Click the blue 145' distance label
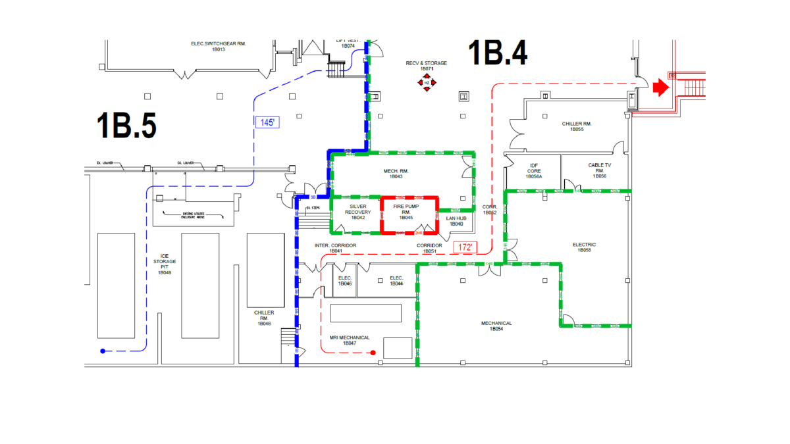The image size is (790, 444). [267, 122]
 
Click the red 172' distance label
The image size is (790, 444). [465, 248]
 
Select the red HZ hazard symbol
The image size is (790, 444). [427, 83]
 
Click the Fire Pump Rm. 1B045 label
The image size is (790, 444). [407, 212]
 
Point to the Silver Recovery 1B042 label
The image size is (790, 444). [357, 212]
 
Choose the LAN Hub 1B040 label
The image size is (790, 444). [456, 221]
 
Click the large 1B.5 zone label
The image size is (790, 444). [126, 126]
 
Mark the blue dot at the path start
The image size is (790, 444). [103, 351]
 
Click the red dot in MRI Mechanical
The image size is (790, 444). [373, 353]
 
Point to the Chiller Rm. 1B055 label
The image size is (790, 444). [577, 126]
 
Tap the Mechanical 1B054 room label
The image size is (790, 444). [496, 326]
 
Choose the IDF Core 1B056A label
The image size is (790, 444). [533, 171]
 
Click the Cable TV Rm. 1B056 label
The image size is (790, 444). [599, 171]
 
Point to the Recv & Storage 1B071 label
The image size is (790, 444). [427, 66]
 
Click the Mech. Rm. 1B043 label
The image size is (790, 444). [396, 174]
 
